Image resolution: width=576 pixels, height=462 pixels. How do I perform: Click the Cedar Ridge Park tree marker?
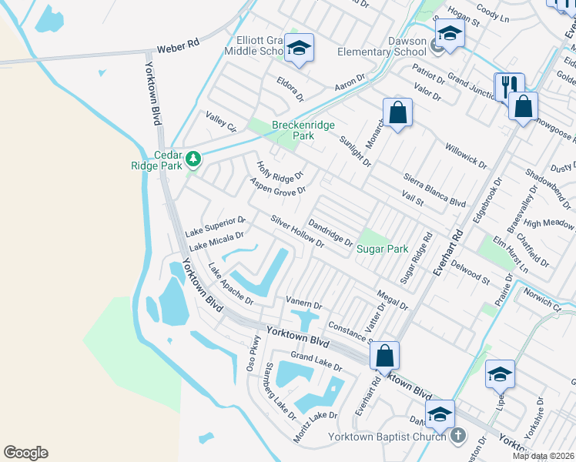(193, 159)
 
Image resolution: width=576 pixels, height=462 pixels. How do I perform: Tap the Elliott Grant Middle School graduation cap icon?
(298, 49)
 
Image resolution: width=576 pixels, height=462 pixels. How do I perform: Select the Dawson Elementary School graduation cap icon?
(449, 33)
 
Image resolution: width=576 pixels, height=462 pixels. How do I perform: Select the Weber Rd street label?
(178, 47)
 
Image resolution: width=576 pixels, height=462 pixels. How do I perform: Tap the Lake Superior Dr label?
(216, 226)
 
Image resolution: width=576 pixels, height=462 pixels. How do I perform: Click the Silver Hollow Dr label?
(296, 230)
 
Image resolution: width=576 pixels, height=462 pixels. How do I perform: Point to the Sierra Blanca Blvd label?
(435, 190)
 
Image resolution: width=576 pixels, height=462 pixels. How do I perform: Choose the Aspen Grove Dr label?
(278, 186)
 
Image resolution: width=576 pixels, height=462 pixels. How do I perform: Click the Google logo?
(25, 453)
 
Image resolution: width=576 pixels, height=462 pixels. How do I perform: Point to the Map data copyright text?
(543, 456)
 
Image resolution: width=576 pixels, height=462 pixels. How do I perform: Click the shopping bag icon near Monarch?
(397, 112)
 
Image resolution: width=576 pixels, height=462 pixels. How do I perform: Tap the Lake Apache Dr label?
(230, 284)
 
